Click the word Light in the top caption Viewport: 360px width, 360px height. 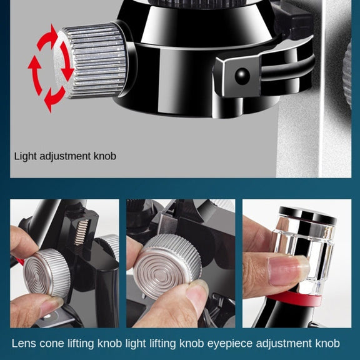point(26,156)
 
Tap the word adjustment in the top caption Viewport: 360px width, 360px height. point(65,156)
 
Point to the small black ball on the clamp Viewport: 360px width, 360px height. point(242,75)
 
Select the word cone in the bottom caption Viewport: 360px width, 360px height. point(52,344)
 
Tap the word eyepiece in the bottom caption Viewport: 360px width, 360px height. point(230,344)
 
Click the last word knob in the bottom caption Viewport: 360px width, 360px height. point(327,344)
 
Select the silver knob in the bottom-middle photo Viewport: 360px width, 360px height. point(167,267)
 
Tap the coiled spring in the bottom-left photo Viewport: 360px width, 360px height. point(81,232)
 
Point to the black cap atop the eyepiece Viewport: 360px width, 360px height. point(307,214)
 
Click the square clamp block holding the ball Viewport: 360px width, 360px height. point(238,75)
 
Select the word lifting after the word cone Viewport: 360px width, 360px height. point(81,344)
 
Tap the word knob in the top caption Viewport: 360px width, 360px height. point(105,156)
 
